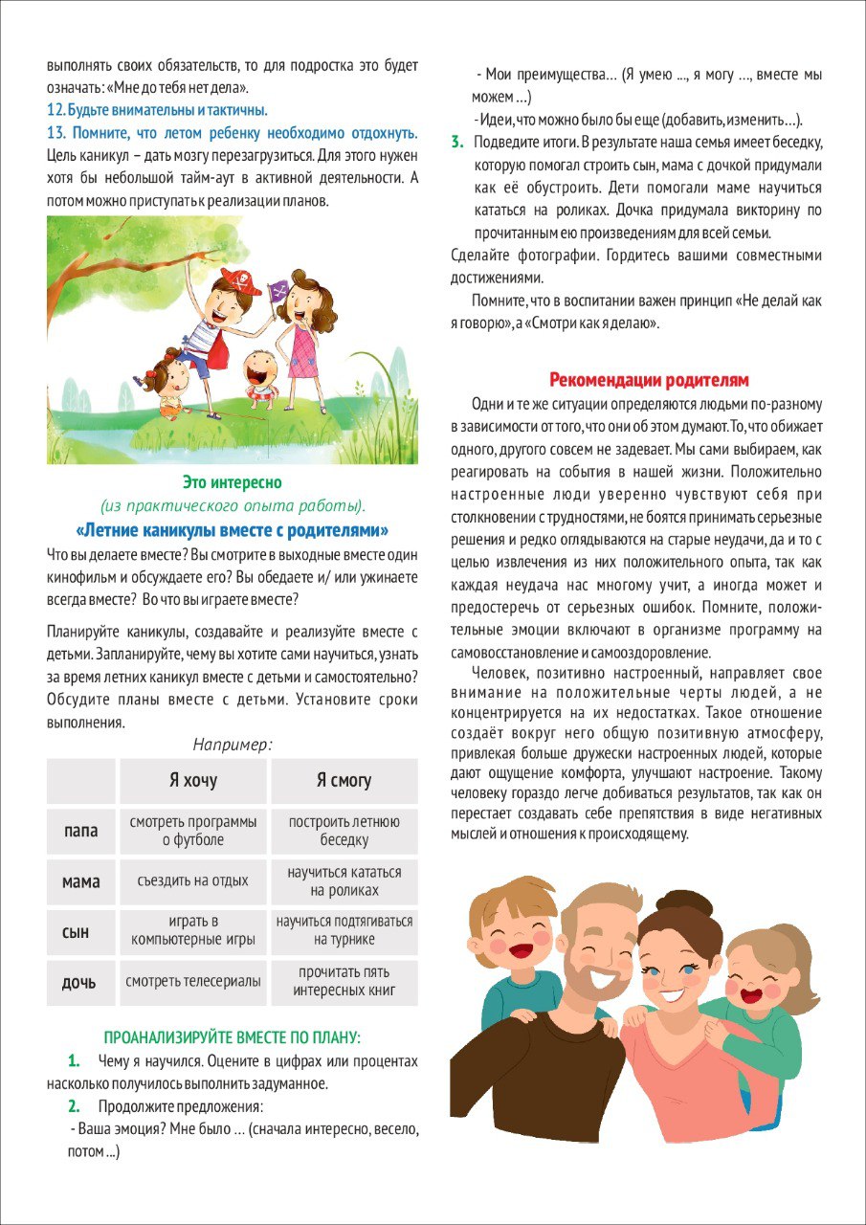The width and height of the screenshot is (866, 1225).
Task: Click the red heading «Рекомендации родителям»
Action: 648,379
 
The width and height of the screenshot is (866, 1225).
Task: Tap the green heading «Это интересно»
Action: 232,482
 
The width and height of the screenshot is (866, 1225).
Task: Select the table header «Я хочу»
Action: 193,781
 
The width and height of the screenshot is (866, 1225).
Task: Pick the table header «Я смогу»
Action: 344,781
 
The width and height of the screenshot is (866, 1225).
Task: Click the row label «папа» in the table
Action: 80,831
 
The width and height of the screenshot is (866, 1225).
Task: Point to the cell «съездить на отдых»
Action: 193,880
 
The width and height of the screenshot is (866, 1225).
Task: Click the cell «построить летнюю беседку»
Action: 344,831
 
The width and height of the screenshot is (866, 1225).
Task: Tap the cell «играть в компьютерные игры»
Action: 193,930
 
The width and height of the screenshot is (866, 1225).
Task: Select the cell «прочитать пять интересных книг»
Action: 344,982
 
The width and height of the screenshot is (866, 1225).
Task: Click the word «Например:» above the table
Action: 232,744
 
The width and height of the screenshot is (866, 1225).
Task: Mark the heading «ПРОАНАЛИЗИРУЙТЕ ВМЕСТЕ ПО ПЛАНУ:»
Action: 232,1037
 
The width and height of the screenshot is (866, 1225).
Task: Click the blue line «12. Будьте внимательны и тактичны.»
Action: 157,109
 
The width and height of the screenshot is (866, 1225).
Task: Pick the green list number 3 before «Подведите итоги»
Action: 456,142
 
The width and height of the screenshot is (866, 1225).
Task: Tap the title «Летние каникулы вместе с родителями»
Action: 232,530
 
